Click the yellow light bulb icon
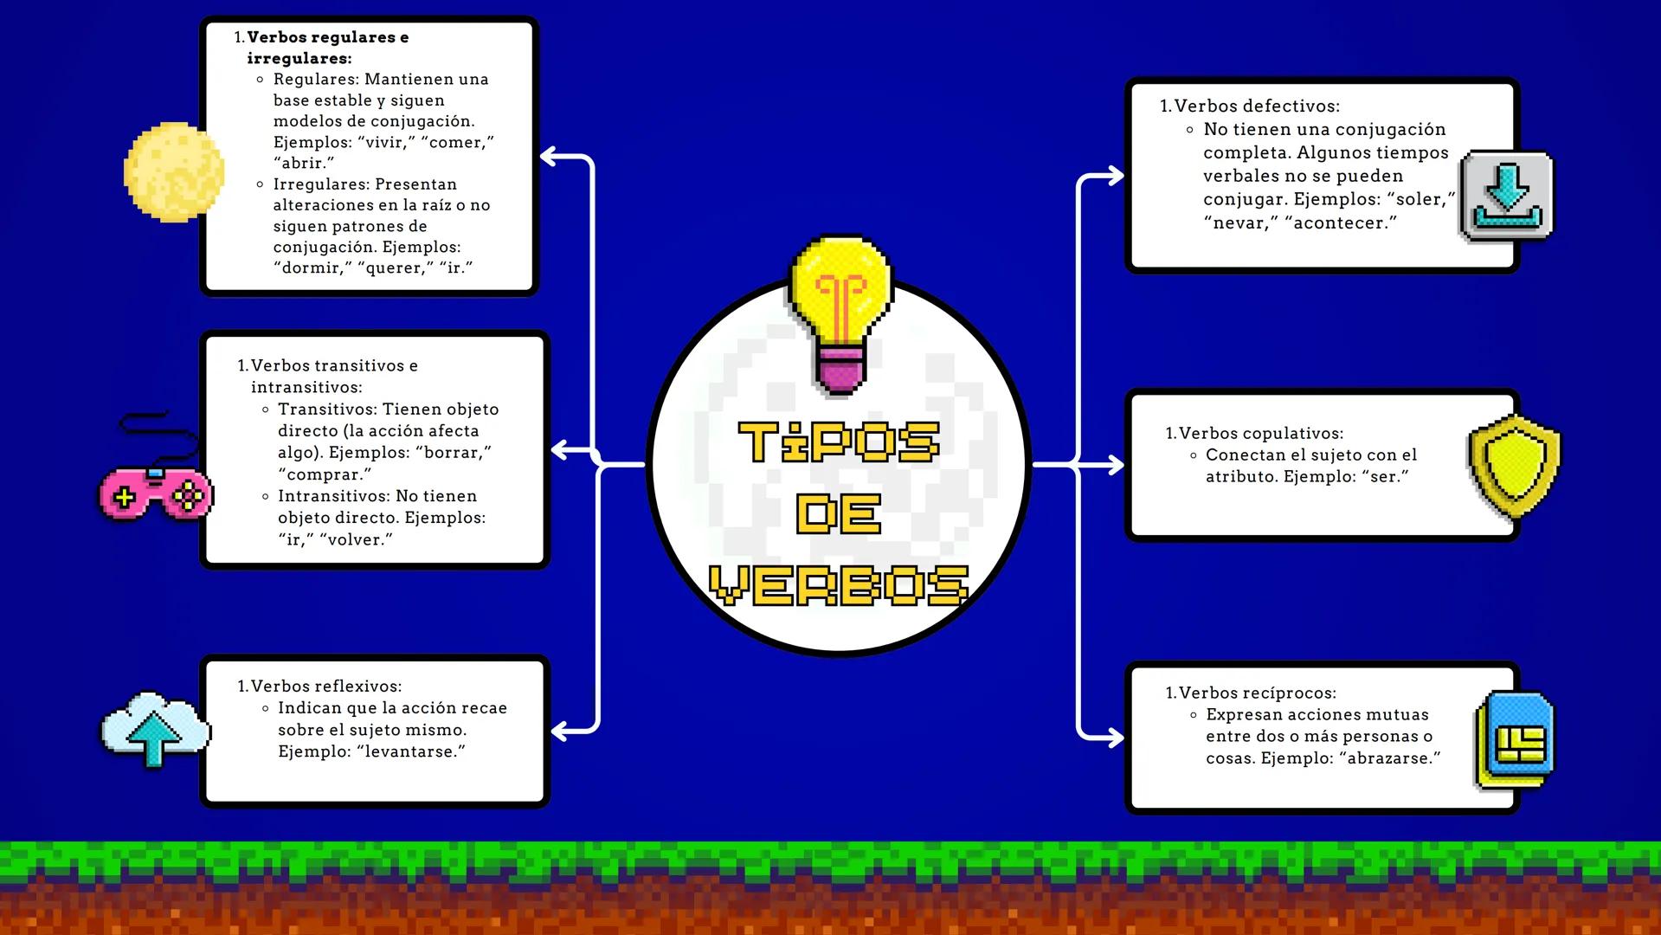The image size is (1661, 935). (x=840, y=312)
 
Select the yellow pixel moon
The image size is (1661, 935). (x=174, y=171)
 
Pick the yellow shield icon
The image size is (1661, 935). (x=1515, y=465)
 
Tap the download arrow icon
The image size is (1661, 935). (x=1507, y=196)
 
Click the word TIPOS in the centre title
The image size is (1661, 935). (x=838, y=442)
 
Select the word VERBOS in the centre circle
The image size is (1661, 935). (x=838, y=585)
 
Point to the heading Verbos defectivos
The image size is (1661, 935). (x=1256, y=106)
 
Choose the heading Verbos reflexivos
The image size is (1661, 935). (x=326, y=686)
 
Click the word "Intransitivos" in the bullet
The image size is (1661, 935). (x=333, y=496)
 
